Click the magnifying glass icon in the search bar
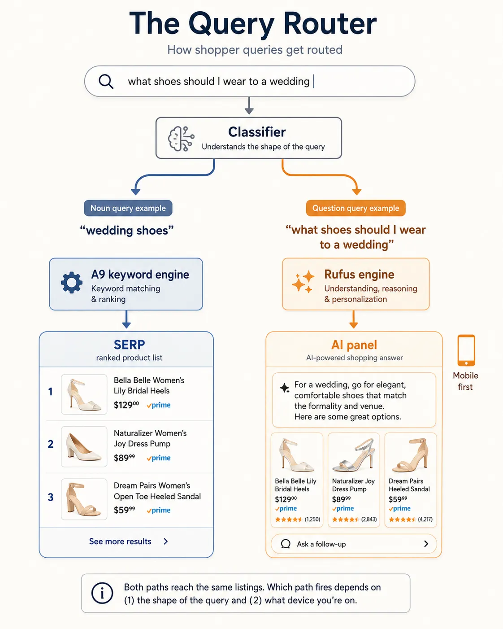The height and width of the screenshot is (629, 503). click(x=106, y=81)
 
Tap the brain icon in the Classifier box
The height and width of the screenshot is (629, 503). click(x=181, y=139)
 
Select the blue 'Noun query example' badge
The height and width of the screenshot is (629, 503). click(x=128, y=208)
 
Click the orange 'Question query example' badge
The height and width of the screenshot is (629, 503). click(x=356, y=208)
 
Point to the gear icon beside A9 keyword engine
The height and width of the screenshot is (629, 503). click(x=72, y=283)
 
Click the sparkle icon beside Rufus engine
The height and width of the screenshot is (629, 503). click(x=303, y=281)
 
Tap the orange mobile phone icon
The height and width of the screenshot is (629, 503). click(x=466, y=350)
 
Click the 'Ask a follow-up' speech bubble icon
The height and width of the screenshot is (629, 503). click(x=286, y=544)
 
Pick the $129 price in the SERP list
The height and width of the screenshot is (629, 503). click(x=126, y=405)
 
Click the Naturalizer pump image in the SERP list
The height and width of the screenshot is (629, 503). click(x=84, y=446)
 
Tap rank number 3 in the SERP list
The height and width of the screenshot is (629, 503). click(x=51, y=497)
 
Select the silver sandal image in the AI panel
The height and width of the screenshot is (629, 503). click(x=354, y=454)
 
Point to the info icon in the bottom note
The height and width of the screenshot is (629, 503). click(x=102, y=593)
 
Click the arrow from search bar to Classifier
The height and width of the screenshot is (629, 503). click(x=249, y=105)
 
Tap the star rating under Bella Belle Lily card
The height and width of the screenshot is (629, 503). click(x=288, y=520)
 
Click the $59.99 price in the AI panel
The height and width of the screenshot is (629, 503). click(x=398, y=499)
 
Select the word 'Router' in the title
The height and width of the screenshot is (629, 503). click(x=330, y=23)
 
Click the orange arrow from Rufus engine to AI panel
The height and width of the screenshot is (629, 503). click(x=353, y=319)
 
